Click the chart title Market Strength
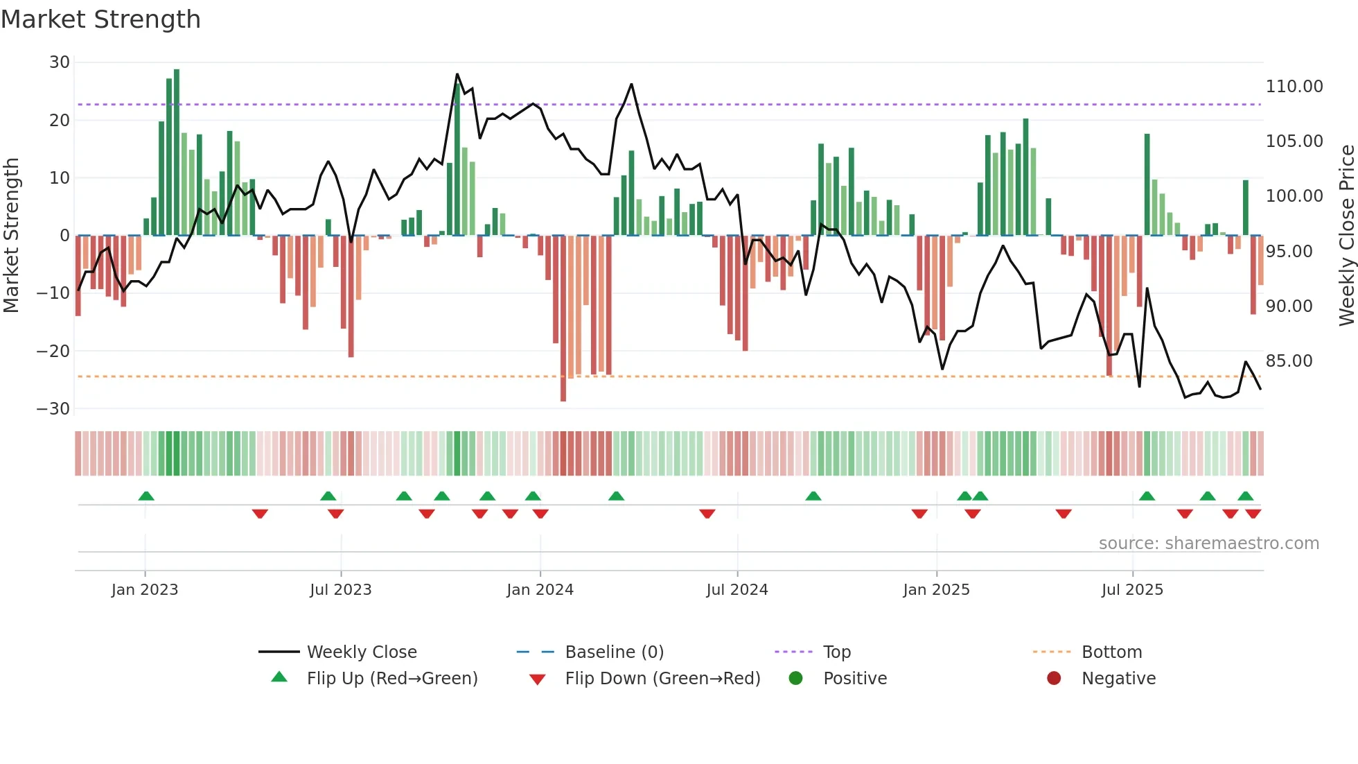(100, 19)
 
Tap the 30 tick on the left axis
(60, 62)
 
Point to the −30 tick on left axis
(53, 408)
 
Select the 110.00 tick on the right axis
(1294, 87)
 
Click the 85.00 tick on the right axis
(1289, 361)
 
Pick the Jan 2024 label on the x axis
(540, 589)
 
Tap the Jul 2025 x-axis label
(1132, 589)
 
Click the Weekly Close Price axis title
(1346, 236)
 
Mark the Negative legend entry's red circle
(1054, 678)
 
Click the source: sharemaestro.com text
(1208, 544)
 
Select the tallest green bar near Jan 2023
(177, 153)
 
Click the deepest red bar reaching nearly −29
(563, 319)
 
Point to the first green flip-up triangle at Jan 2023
(145, 496)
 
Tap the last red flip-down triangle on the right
(1253, 514)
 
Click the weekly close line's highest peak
(457, 74)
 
